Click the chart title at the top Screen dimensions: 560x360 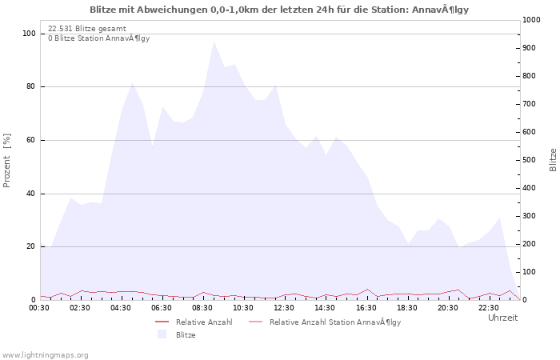click(279, 10)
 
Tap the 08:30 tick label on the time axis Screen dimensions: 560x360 click(202, 308)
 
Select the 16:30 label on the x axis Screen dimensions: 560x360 click(366, 308)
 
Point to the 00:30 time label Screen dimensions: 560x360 click(39, 308)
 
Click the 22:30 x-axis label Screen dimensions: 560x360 click(489, 308)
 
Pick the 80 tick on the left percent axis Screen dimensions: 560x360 click(31, 86)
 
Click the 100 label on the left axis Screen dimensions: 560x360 click(30, 34)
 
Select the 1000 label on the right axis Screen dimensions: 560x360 click(531, 20)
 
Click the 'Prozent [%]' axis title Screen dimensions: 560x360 click(6, 160)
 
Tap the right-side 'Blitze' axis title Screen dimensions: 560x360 click(553, 160)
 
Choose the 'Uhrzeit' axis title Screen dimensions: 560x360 click(503, 318)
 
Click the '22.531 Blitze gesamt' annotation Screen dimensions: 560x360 click(87, 29)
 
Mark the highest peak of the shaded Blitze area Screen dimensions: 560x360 click(214, 42)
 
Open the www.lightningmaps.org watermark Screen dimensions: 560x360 click(45, 355)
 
